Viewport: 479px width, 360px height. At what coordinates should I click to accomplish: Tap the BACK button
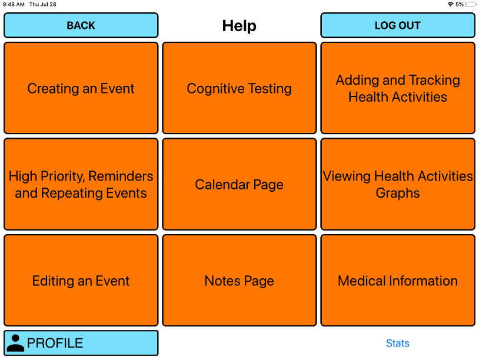pyautogui.click(x=81, y=25)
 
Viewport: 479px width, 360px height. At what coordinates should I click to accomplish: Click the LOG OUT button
pyautogui.click(x=398, y=25)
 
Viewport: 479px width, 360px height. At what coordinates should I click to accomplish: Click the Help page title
pyautogui.click(x=239, y=26)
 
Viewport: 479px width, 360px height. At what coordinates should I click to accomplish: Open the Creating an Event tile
pyautogui.click(x=81, y=88)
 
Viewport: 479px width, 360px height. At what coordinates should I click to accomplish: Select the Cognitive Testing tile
pyautogui.click(x=239, y=88)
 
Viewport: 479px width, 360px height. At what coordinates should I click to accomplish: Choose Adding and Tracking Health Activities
pyautogui.click(x=398, y=88)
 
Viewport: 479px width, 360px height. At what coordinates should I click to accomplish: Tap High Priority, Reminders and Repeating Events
pyautogui.click(x=81, y=184)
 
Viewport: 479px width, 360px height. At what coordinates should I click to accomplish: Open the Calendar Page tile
pyautogui.click(x=239, y=184)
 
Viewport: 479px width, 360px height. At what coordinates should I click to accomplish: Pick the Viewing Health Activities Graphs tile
pyautogui.click(x=398, y=184)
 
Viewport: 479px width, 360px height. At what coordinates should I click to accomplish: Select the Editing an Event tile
pyautogui.click(x=81, y=281)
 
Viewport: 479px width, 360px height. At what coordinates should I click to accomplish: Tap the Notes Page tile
pyautogui.click(x=239, y=281)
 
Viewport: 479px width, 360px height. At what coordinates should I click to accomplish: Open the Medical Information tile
pyautogui.click(x=398, y=281)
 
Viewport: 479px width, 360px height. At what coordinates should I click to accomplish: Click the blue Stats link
pyautogui.click(x=398, y=343)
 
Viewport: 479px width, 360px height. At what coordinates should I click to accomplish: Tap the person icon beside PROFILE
pyautogui.click(x=16, y=343)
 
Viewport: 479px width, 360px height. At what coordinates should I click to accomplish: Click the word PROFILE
pyautogui.click(x=55, y=343)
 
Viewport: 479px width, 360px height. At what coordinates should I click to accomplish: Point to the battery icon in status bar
pyautogui.click(x=471, y=4)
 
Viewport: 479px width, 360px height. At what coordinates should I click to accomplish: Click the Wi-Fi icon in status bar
pyautogui.click(x=451, y=4)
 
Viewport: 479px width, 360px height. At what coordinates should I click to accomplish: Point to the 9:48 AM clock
pyautogui.click(x=14, y=4)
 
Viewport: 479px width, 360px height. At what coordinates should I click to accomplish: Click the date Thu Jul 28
pyautogui.click(x=43, y=4)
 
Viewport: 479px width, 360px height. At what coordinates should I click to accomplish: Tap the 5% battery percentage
pyautogui.click(x=460, y=4)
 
